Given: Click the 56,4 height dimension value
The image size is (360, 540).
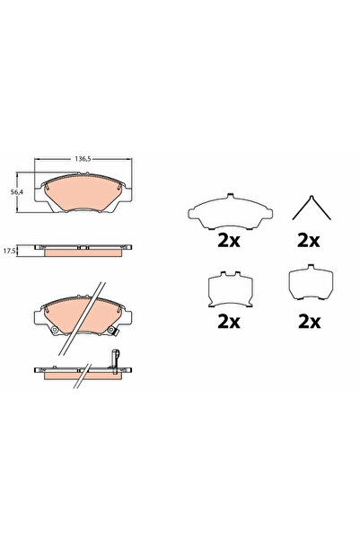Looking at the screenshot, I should pos(15,191).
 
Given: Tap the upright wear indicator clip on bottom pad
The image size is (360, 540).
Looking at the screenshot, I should pos(115,359).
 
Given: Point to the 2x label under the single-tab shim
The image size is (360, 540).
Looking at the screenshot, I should pos(309,320).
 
